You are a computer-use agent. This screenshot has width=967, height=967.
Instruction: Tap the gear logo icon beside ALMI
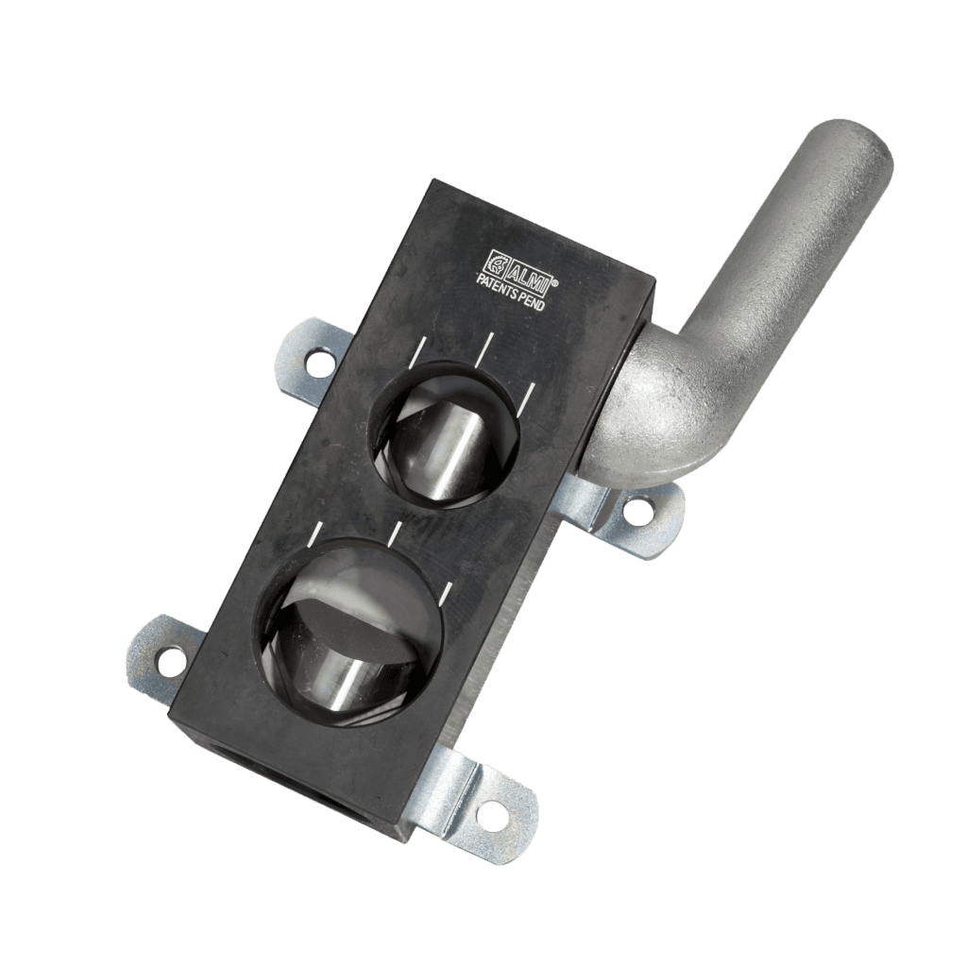498,258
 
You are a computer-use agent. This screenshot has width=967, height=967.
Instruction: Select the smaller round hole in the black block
447,432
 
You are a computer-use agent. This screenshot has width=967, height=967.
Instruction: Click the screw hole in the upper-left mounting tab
318,359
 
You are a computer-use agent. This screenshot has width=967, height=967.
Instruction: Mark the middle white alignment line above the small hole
484,349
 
